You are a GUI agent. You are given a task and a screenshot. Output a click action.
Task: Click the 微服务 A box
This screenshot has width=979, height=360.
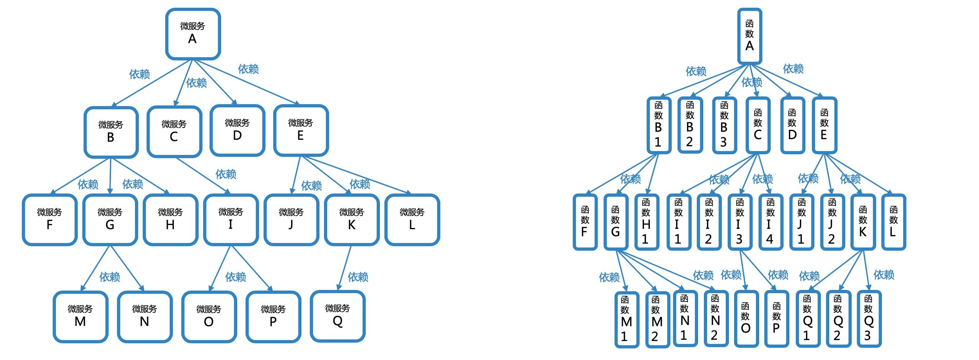[x=193, y=34]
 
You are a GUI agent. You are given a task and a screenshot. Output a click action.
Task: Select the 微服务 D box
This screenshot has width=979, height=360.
[x=238, y=130]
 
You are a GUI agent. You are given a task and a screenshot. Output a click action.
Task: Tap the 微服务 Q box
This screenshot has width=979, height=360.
[x=338, y=316]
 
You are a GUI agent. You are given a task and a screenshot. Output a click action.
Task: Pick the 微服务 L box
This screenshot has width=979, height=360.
[x=412, y=220]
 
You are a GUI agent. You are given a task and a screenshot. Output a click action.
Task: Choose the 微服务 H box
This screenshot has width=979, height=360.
[x=171, y=220]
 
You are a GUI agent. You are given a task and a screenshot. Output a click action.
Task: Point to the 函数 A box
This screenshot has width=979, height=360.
[x=750, y=36]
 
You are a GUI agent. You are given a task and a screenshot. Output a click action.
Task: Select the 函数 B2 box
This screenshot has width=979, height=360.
[x=690, y=125]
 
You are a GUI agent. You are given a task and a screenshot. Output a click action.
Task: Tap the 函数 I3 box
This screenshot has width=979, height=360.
[x=740, y=222]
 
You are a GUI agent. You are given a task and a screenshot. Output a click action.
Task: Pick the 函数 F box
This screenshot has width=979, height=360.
[x=585, y=222]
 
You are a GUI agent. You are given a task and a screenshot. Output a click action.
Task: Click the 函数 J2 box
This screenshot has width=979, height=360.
[x=832, y=222]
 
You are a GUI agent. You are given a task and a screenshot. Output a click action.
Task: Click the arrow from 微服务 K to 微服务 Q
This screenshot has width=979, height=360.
[x=344, y=268]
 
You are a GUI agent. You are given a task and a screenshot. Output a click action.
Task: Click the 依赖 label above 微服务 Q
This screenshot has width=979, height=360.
[x=358, y=277]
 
